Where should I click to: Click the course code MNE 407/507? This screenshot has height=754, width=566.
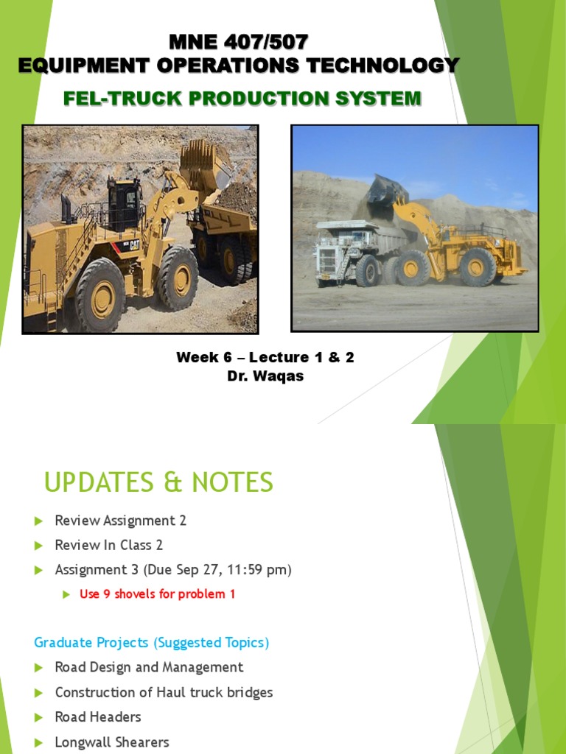pyautogui.click(x=239, y=42)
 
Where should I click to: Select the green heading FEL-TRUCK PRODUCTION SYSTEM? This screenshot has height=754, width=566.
pyautogui.click(x=242, y=98)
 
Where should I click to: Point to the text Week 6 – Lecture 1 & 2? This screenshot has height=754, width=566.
pyautogui.click(x=265, y=358)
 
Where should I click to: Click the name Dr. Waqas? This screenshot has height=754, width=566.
pyautogui.click(x=265, y=376)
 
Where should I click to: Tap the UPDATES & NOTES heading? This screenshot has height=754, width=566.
pyautogui.click(x=158, y=483)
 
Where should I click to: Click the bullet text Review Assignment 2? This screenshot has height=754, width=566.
pyautogui.click(x=121, y=521)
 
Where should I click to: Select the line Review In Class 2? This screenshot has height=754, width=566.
pyautogui.click(x=109, y=545)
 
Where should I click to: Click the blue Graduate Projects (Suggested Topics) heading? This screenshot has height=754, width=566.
pyautogui.click(x=152, y=643)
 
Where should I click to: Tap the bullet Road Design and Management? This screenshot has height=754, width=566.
pyautogui.click(x=149, y=668)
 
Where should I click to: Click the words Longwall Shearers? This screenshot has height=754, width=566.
pyautogui.click(x=112, y=741)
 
